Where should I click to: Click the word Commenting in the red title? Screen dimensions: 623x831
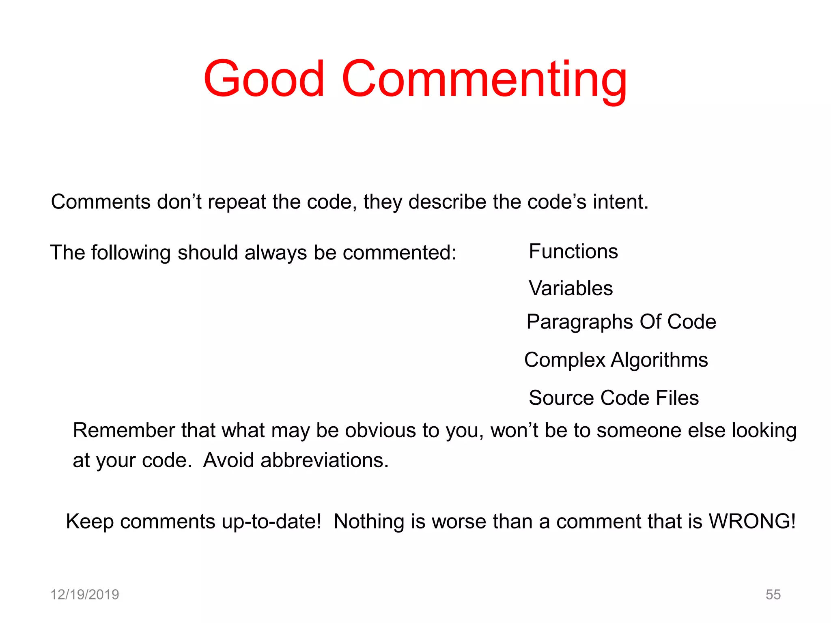(x=484, y=79)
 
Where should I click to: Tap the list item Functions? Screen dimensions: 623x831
(x=573, y=251)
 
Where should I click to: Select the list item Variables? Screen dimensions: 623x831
(x=571, y=288)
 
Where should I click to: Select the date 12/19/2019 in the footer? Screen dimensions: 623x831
(x=84, y=595)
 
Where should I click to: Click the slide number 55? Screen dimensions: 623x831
(x=773, y=595)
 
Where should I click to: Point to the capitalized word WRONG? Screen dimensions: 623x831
(x=752, y=521)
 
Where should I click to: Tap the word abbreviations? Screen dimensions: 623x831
(x=324, y=460)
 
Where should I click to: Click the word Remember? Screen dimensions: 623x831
(x=124, y=430)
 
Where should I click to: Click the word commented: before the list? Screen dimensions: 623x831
(x=399, y=253)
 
